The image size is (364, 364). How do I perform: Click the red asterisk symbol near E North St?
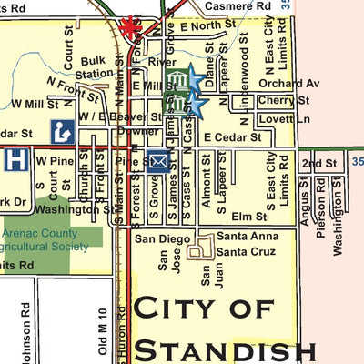(x=130, y=26)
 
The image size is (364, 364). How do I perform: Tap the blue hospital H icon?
(x=15, y=160)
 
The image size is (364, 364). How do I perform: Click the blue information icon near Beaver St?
(x=62, y=129)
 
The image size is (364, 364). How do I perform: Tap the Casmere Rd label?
(x=238, y=5)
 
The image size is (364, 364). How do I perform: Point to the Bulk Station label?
(x=96, y=67)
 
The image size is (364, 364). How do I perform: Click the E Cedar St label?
(x=232, y=137)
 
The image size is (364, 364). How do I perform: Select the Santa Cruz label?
(x=243, y=251)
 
